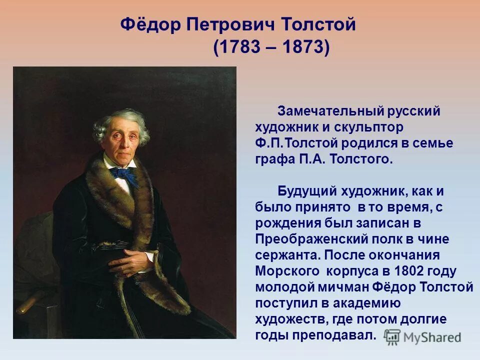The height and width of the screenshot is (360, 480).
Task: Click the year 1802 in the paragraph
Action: click(x=409, y=271)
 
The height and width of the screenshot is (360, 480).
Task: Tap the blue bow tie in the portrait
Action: click(x=123, y=174)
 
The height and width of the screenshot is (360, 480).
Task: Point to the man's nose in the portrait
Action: click(x=120, y=142)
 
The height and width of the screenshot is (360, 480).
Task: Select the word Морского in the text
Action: click(x=287, y=271)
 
